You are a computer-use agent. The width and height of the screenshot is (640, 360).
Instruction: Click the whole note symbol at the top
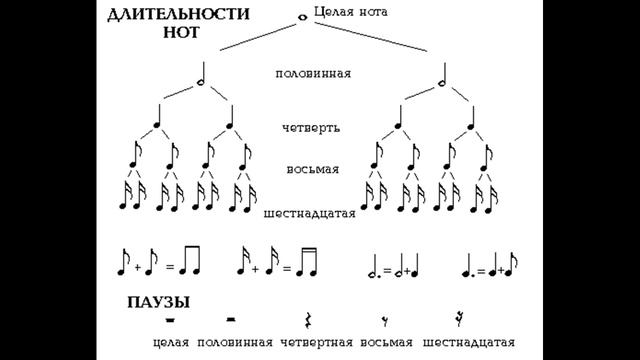coord(303,16)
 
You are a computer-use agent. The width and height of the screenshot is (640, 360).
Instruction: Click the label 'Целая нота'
coord(350,12)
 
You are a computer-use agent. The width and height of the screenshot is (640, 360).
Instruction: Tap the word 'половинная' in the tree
coord(313,74)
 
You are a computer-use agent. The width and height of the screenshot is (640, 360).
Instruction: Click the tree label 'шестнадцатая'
coord(310,214)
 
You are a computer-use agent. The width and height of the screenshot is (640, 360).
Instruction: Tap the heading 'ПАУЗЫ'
coord(159,302)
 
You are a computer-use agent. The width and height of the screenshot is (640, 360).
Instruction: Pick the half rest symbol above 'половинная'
coord(232,319)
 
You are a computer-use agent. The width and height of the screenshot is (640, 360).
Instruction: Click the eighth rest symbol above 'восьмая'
coord(383,320)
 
